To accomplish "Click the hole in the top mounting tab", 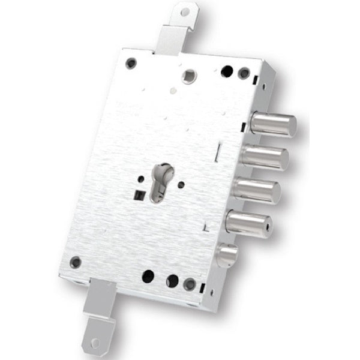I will [185, 11].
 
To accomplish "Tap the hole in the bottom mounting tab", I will [95, 343].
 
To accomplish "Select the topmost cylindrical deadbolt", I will [273, 124].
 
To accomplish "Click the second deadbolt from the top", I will [265, 158].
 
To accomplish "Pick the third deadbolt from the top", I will [257, 191].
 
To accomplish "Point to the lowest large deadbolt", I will [249, 224].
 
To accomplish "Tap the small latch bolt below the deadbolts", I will [226, 255].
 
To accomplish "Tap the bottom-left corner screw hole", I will [76, 262].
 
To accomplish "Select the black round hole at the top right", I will [227, 71].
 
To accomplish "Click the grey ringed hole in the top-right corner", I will [244, 74].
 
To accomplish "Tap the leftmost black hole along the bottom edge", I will [148, 277].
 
